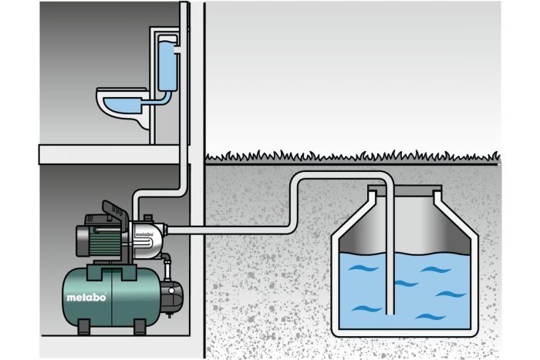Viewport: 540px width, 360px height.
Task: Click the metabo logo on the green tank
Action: coord(79,297)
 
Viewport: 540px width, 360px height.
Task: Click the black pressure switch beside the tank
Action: coord(174,291)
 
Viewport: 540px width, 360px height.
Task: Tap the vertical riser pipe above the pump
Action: coord(185,116)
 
